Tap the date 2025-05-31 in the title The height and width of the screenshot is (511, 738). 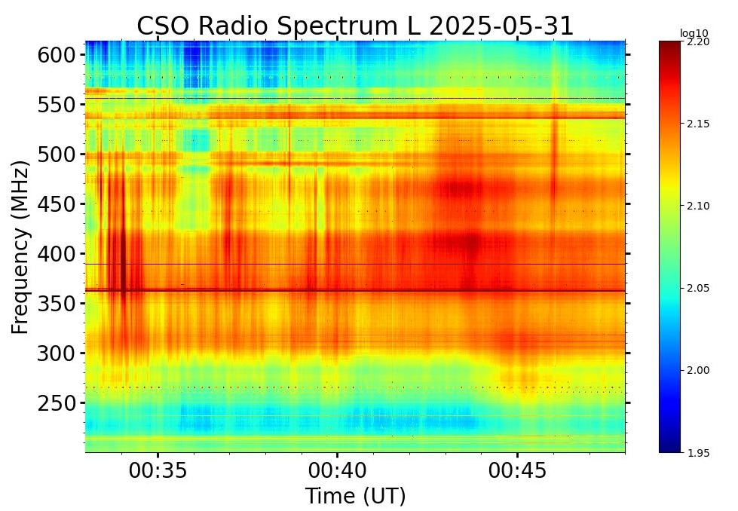pyautogui.click(x=501, y=26)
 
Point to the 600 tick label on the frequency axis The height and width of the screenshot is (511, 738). pyautogui.click(x=57, y=55)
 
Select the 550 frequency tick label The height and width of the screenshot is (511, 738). pyautogui.click(x=57, y=105)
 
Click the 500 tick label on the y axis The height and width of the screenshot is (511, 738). pyautogui.click(x=57, y=155)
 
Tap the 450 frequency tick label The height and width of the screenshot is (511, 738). pyautogui.click(x=57, y=204)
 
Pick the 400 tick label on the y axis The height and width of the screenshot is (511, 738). pyautogui.click(x=57, y=254)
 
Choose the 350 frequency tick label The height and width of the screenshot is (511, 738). pyautogui.click(x=57, y=304)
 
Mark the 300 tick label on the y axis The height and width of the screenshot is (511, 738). pyautogui.click(x=57, y=353)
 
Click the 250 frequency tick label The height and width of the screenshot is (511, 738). pyautogui.click(x=57, y=403)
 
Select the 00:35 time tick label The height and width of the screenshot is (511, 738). pyautogui.click(x=158, y=471)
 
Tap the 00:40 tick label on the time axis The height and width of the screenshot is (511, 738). pyautogui.click(x=337, y=471)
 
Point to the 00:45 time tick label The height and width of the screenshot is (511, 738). pyautogui.click(x=516, y=471)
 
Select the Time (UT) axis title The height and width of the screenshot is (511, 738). pyautogui.click(x=355, y=496)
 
